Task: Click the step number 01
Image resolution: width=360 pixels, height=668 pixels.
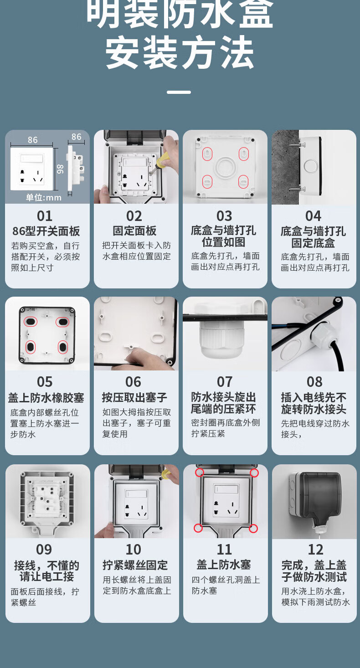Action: tap(45, 216)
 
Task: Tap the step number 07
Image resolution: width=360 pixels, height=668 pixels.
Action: tap(225, 382)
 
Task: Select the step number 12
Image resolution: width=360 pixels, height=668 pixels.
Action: tap(315, 550)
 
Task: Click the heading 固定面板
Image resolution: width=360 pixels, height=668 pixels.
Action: tap(134, 231)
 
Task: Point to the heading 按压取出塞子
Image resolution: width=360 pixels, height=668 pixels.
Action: tap(134, 397)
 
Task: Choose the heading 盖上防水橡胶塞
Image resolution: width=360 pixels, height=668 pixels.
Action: tap(46, 398)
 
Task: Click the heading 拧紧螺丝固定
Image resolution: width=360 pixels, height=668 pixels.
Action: tap(135, 565)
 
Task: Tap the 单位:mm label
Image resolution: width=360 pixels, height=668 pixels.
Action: tap(44, 197)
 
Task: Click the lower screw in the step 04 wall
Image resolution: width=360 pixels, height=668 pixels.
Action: tap(297, 189)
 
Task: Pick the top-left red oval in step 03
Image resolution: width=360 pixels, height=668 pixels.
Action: tap(207, 154)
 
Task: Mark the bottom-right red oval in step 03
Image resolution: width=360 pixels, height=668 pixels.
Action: tap(243, 182)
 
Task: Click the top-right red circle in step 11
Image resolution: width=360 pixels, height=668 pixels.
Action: tap(254, 473)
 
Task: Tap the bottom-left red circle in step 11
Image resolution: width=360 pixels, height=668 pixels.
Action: tap(198, 528)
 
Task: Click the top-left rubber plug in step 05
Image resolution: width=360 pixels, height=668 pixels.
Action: tap(31, 322)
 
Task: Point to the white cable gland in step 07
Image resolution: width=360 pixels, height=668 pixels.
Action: tap(222, 340)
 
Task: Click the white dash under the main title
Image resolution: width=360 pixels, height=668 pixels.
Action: tap(179, 92)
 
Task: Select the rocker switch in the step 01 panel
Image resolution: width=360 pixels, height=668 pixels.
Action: tap(31, 159)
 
